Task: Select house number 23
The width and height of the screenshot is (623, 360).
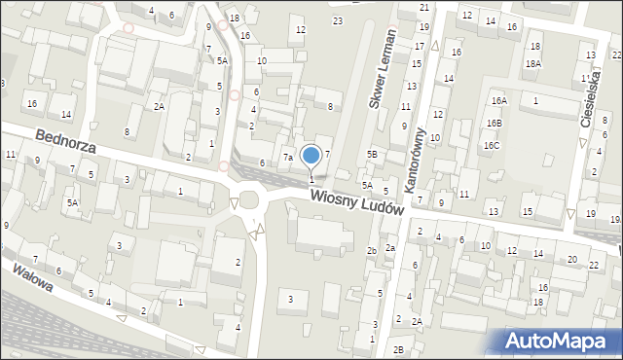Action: click(x=337, y=20)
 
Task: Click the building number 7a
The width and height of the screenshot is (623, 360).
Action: click(x=288, y=157)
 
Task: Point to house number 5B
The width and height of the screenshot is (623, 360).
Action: click(x=372, y=154)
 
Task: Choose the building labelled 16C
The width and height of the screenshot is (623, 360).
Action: click(x=493, y=145)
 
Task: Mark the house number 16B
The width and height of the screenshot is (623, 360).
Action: click(x=495, y=123)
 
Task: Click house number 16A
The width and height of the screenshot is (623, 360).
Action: click(x=498, y=101)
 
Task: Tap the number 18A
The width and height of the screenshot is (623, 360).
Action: click(x=532, y=63)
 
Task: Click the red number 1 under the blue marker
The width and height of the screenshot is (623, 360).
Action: click(x=311, y=179)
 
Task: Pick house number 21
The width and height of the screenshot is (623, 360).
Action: click(x=424, y=7)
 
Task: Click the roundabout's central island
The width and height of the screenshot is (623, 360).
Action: click(x=248, y=202)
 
